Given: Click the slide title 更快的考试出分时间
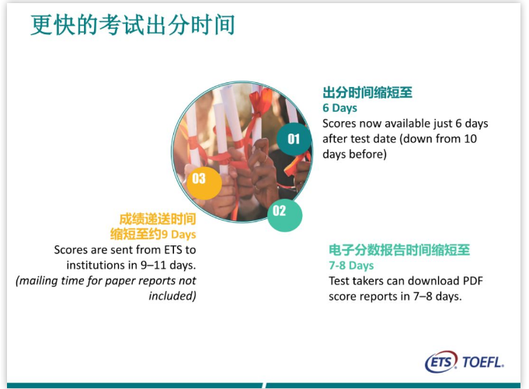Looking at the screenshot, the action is click(133, 25).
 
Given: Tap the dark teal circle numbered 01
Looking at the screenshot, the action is click(294, 139).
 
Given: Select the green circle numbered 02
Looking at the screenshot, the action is click(284, 215).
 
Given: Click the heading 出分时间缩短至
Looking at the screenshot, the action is click(367, 92).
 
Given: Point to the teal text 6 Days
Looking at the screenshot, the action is click(339, 108).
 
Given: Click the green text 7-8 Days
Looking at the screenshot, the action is click(351, 266).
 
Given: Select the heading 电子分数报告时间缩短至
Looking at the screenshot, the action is click(399, 250).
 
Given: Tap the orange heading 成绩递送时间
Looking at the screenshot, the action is click(158, 219).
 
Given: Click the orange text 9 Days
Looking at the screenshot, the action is click(179, 234).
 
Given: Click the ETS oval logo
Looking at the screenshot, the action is click(441, 362).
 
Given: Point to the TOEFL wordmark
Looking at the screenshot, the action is click(483, 363).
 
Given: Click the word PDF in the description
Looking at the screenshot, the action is click(472, 281).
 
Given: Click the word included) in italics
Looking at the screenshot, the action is click(172, 296).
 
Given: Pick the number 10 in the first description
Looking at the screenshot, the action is click(470, 138).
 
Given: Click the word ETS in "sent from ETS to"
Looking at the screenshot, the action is click(173, 250).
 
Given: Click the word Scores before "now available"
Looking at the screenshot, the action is click(339, 123).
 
